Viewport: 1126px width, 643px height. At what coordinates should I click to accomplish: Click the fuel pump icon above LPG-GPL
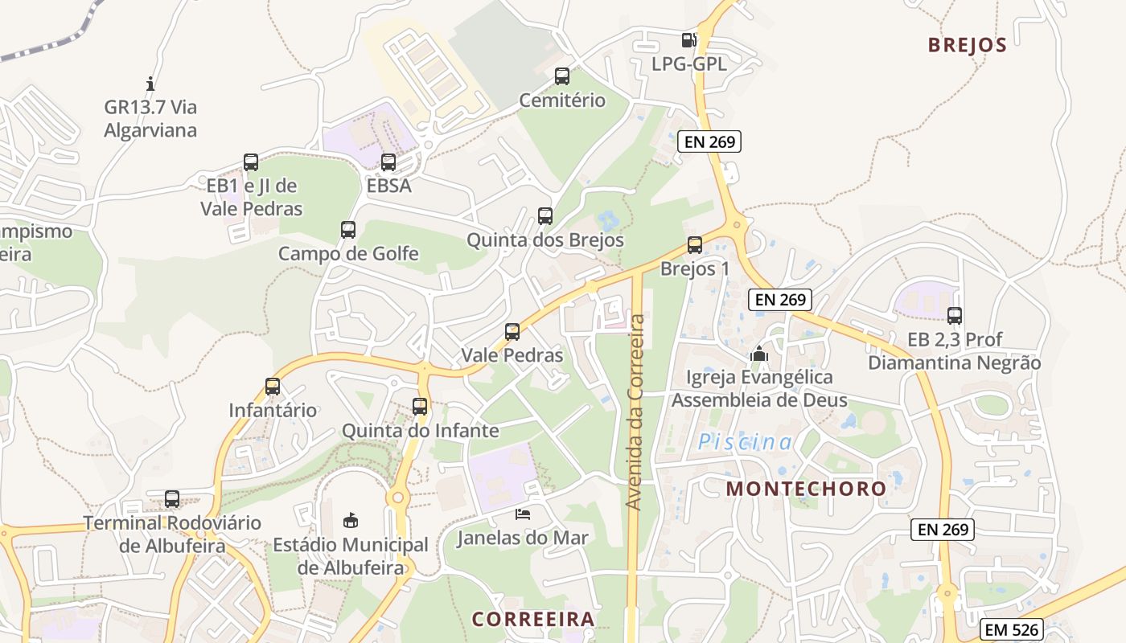(689, 39)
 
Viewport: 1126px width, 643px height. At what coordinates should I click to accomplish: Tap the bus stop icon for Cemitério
(562, 76)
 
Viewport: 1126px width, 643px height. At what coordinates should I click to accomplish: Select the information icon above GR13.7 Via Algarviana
(150, 84)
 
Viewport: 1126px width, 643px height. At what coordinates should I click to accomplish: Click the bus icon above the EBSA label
(388, 162)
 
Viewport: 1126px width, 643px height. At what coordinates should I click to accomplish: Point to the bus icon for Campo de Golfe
(348, 230)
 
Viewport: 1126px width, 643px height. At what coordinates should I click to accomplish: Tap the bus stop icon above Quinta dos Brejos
(545, 215)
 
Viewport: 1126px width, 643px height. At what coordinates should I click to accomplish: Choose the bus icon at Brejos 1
(695, 245)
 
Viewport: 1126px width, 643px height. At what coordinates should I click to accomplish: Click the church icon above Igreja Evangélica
(759, 353)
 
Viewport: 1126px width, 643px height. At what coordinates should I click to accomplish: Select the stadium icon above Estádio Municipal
(351, 521)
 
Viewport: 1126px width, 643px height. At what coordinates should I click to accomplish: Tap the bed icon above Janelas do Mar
(523, 514)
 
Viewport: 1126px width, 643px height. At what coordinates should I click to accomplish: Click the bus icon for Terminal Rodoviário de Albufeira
(172, 498)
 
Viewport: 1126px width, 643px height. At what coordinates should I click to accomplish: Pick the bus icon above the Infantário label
(273, 387)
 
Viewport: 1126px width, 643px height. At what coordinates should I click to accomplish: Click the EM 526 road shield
(1012, 629)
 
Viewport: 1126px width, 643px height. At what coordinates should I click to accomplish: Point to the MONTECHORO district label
(806, 488)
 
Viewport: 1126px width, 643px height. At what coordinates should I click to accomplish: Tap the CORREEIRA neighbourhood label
(533, 619)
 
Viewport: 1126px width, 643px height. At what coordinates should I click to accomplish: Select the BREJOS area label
(968, 45)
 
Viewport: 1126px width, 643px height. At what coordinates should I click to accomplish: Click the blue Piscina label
(745, 442)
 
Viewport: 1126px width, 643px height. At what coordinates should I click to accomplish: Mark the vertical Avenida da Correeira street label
(635, 412)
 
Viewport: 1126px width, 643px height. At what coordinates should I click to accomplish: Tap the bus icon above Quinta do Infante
(420, 407)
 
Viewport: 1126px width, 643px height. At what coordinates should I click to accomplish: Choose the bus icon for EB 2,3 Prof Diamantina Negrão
(955, 316)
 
